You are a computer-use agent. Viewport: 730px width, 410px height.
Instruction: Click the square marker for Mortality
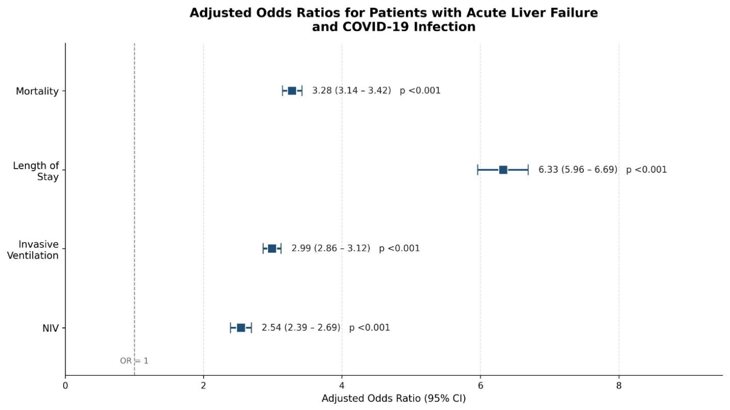[292, 91]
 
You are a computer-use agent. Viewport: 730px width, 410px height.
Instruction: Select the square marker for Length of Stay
[503, 170]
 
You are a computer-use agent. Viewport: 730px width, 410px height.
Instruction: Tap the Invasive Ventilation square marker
[272, 249]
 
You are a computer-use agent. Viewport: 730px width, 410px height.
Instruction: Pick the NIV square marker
[241, 328]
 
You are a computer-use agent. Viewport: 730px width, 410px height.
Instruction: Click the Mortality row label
[37, 91]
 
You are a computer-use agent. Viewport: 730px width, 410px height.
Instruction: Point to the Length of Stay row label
[36, 171]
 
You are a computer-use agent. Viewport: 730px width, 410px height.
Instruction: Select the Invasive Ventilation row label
[33, 250]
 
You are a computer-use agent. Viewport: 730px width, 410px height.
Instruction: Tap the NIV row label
[50, 328]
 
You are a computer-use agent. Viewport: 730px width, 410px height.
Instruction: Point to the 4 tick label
[342, 386]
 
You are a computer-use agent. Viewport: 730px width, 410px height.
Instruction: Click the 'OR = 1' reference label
[134, 361]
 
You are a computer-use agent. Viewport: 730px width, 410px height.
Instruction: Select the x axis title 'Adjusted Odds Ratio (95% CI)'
[394, 399]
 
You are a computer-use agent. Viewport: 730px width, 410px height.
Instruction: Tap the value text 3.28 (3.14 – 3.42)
[352, 90]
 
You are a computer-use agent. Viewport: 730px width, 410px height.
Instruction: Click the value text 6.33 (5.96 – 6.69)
[578, 170]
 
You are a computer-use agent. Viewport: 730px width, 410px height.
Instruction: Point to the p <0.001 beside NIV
[370, 327]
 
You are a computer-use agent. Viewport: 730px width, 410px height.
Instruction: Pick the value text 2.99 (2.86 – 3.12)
[331, 249]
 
